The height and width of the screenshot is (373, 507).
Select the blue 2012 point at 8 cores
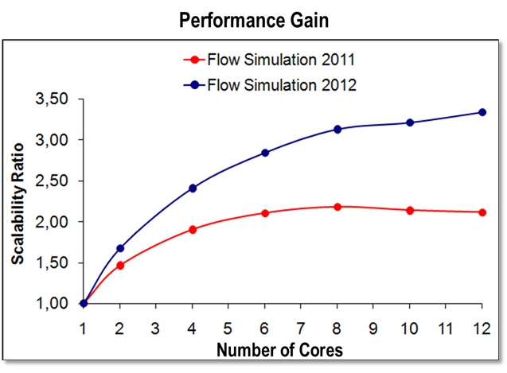[337, 129]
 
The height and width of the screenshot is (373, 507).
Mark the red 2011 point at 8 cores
[337, 207]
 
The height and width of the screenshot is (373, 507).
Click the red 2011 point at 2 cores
[120, 265]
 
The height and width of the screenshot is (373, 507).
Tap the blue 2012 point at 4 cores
[192, 188]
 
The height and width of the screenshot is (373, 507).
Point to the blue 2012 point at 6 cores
[264, 153]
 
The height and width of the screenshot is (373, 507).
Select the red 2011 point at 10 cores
[409, 210]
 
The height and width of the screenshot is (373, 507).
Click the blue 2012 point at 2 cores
[120, 248]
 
